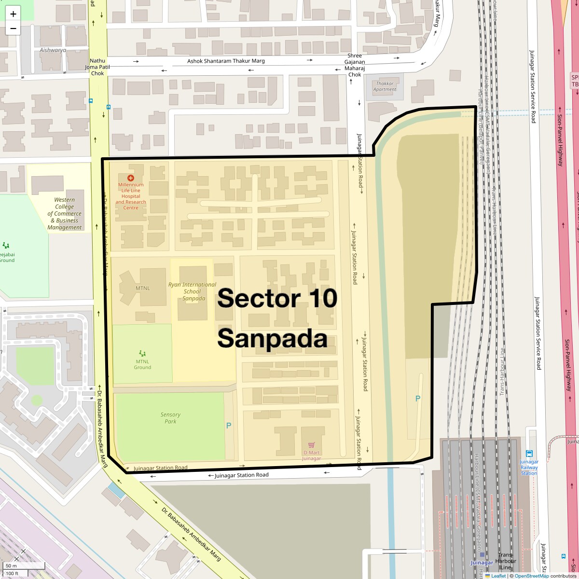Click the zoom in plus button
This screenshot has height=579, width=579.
13,14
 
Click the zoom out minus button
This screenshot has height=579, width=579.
13,28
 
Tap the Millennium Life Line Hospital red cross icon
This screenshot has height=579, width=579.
130,178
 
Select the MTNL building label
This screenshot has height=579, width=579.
142,288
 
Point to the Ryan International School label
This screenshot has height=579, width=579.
192,291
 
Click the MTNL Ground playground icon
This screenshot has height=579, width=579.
142,354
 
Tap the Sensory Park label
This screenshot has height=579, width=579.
170,418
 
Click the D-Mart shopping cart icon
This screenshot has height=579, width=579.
311,445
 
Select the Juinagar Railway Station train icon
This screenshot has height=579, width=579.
529,454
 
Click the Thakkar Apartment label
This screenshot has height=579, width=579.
385,86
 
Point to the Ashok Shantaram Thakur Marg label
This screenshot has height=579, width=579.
226,61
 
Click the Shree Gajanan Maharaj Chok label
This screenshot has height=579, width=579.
355,65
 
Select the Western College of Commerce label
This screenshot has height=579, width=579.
65,213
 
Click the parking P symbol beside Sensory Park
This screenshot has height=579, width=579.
229,426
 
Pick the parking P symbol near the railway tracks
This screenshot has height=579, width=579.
418,399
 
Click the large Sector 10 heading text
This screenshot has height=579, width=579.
277,298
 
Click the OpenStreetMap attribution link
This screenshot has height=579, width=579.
531,576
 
